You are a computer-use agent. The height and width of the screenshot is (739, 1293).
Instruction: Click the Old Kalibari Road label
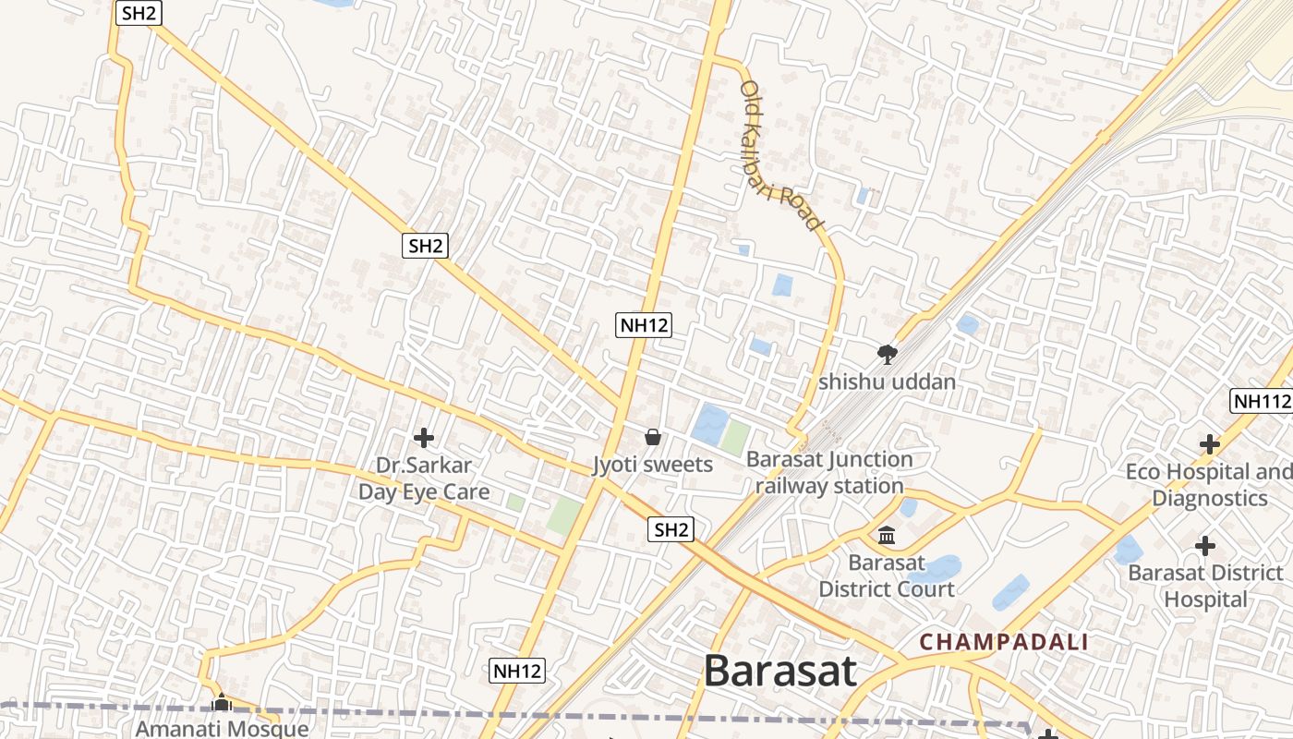(780, 155)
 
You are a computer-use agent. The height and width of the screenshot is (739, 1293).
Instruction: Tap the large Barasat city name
(780, 672)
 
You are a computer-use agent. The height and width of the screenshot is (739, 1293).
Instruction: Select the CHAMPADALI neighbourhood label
(1004, 642)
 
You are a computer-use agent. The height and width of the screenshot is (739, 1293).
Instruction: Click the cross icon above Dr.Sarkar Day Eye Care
(424, 437)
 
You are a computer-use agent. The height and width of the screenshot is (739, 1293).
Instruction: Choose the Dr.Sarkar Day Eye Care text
(424, 479)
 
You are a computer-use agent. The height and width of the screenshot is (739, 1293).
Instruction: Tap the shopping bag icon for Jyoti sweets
(653, 437)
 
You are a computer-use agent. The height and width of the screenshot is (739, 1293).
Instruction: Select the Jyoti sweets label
(653, 464)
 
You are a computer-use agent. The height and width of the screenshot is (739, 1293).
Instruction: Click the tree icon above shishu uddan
(888, 354)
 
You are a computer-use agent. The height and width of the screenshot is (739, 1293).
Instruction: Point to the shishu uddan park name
(888, 381)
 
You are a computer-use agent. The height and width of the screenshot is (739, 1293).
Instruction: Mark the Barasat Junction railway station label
(829, 472)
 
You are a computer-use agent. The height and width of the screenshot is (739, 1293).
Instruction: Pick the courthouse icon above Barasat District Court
(887, 536)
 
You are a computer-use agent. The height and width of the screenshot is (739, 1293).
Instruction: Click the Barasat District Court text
(887, 575)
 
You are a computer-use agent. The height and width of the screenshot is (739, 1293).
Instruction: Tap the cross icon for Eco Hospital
(1210, 445)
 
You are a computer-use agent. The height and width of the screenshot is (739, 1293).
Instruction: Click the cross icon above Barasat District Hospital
(1205, 546)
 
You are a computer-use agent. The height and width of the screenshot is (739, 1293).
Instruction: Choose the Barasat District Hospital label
(1205, 586)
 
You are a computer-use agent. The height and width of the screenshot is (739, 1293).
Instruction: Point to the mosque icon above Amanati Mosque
(221, 703)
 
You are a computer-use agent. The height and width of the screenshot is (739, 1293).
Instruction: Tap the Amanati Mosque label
(222, 728)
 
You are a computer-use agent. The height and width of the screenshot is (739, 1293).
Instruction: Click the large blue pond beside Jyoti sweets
(710, 423)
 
